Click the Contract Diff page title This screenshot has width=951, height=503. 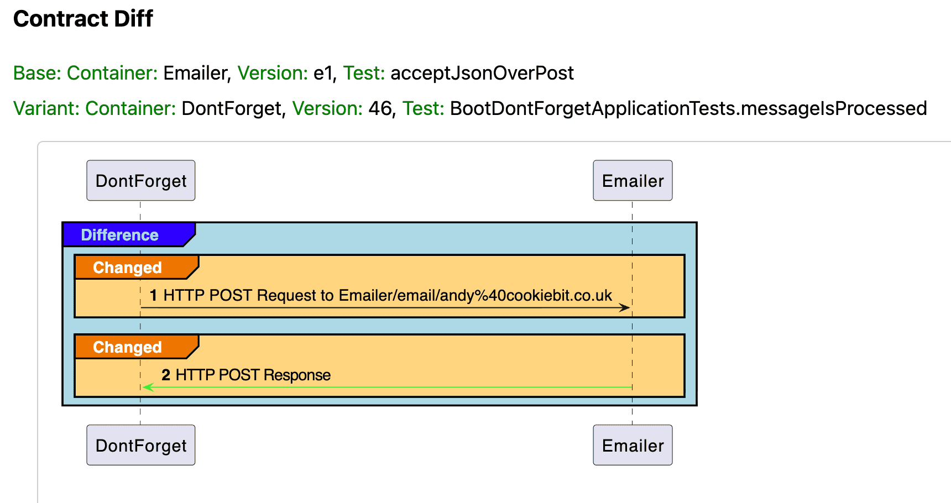(83, 19)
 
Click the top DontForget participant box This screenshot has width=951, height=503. (140, 181)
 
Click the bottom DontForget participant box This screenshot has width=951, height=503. (140, 446)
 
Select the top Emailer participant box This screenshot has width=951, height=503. (633, 181)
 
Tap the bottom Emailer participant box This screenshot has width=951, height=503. (633, 446)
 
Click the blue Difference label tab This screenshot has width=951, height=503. (120, 235)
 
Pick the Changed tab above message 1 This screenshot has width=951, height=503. (128, 268)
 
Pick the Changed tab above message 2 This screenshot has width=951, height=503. (128, 347)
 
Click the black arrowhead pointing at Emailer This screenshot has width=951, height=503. (625, 307)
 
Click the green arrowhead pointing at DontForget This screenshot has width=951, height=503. (148, 387)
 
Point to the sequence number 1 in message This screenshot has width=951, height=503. (154, 296)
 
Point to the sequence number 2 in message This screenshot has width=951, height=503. (166, 375)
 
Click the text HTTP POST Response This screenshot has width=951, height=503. (253, 375)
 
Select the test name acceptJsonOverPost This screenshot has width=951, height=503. (482, 73)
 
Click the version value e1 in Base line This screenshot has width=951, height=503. (323, 73)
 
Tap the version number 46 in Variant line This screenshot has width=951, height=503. (380, 108)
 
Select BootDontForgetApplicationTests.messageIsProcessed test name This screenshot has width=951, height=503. (688, 108)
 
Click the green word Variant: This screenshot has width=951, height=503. (47, 108)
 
